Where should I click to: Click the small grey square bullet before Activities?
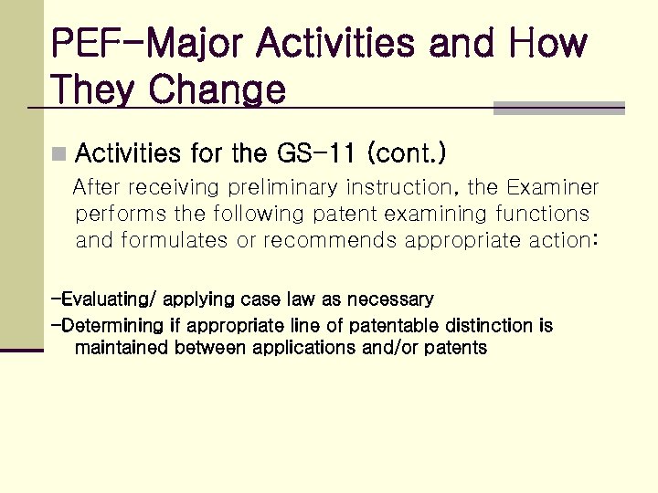pos(59,153)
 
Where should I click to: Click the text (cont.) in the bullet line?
pos(406,152)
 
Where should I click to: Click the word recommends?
pos(328,241)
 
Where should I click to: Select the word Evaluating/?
pos(105,299)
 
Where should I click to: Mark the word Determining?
pos(114,326)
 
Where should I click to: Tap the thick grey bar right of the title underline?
pos(558,109)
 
